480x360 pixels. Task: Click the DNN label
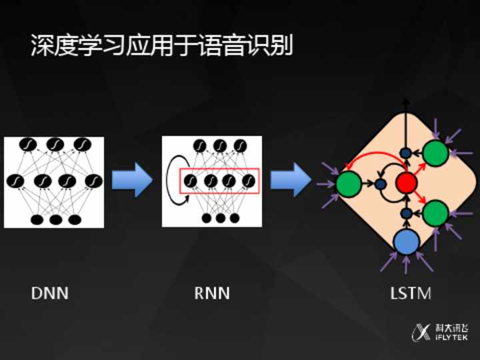(x=49, y=293)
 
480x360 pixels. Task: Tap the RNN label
(x=211, y=293)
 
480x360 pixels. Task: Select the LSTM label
(x=410, y=293)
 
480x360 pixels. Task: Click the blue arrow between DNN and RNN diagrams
(x=133, y=180)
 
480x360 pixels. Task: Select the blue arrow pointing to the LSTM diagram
(x=292, y=180)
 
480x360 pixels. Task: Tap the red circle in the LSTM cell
(x=406, y=182)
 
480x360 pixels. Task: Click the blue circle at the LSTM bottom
(x=405, y=242)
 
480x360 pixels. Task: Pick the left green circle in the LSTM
(x=349, y=183)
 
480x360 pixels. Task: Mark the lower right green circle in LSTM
(x=435, y=213)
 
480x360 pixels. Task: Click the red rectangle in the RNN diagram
(x=219, y=181)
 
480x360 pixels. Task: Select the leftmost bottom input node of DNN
(x=37, y=219)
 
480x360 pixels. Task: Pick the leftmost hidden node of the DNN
(x=15, y=181)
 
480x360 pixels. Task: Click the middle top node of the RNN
(x=219, y=145)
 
